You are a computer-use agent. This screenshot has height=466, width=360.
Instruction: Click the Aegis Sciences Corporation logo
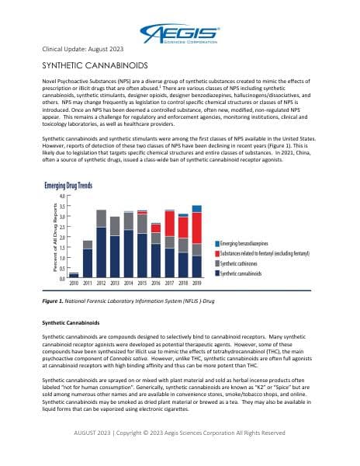181,33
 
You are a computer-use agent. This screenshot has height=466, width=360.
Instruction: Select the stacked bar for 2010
74,275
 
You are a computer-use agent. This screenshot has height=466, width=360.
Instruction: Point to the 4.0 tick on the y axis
61,196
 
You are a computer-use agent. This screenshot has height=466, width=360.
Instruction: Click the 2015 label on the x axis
142,284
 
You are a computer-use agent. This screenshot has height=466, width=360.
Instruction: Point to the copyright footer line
179,432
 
